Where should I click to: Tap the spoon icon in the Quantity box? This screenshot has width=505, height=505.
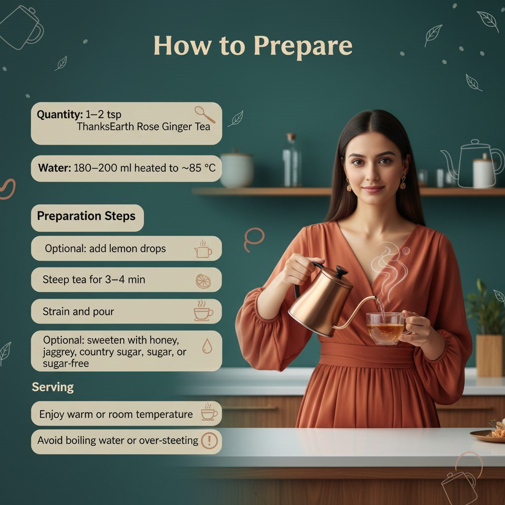(x=205, y=114)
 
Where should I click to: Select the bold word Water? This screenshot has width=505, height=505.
(x=54, y=168)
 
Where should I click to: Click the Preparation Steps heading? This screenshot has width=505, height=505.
(x=86, y=216)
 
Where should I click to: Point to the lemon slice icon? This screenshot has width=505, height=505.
(x=203, y=281)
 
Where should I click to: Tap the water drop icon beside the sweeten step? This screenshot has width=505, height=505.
(x=207, y=346)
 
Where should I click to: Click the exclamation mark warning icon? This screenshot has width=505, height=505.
(x=209, y=440)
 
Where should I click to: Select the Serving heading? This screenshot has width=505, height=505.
(x=53, y=387)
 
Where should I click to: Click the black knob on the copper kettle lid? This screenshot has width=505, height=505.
(x=342, y=272)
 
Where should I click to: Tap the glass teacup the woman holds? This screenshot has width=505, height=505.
(x=386, y=328)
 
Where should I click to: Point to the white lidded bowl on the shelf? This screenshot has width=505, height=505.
(x=237, y=169)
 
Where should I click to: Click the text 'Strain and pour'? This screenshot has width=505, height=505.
(x=78, y=312)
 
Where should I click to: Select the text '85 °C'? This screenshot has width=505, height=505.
(x=202, y=168)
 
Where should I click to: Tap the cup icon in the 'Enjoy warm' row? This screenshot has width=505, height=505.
(x=209, y=412)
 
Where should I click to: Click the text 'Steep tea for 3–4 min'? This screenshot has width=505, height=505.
(x=94, y=279)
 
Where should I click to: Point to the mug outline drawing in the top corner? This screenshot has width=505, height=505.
(x=22, y=28)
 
